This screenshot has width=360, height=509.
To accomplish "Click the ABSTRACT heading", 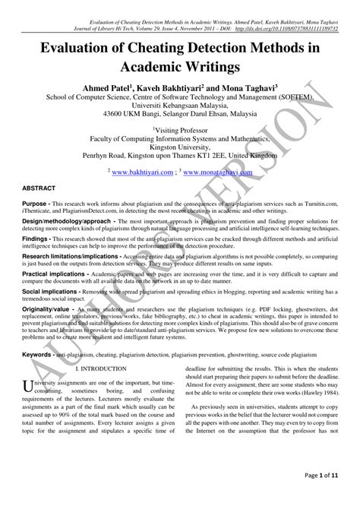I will pos(37,186).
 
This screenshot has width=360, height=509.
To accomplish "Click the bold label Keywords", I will pos(37,355).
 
